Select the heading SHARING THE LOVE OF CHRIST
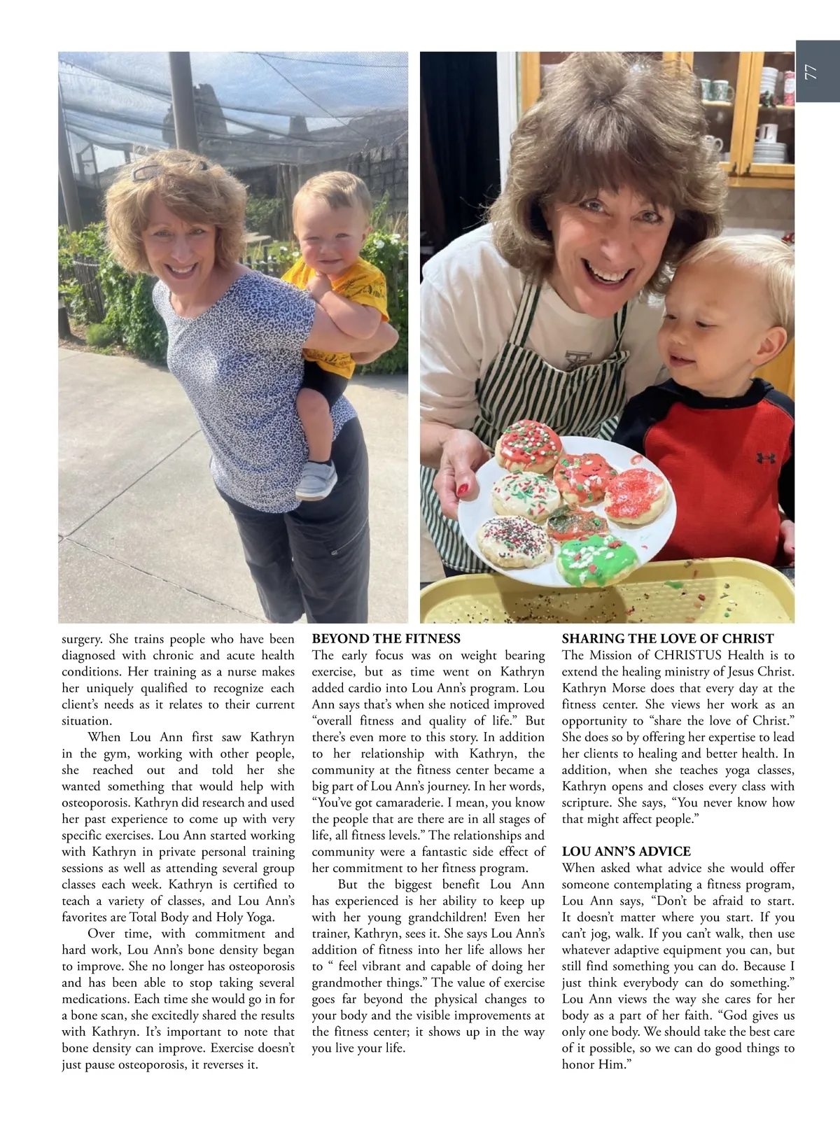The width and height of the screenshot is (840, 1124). point(667,638)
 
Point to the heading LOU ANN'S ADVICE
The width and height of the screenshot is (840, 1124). point(626,852)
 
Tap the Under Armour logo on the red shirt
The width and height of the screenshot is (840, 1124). point(764,458)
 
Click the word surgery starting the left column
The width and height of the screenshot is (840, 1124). point(82,639)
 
